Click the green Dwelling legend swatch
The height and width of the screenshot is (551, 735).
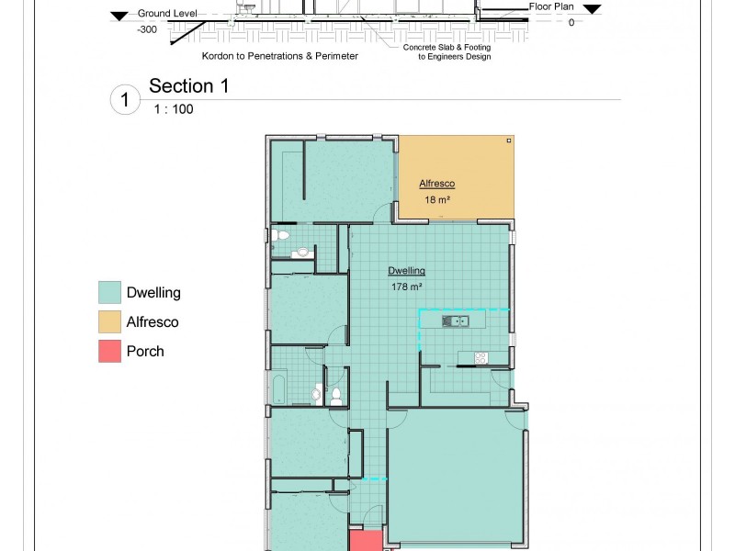point(109,293)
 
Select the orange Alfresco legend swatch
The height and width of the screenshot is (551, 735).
point(109,321)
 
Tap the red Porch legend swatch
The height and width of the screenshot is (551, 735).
point(109,351)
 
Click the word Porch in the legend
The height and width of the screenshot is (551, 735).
point(145,351)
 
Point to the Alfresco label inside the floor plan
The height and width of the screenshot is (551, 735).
point(437,184)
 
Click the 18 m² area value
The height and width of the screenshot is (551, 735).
point(435,199)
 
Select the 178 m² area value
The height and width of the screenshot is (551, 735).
point(405,287)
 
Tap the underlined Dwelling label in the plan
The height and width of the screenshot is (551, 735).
point(406,271)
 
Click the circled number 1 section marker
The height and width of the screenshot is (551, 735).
point(125,99)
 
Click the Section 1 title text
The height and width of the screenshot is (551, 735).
point(188,86)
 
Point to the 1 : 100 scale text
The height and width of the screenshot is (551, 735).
point(173,108)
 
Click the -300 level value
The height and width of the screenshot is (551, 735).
point(146,29)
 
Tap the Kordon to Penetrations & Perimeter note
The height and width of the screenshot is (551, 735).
point(280,55)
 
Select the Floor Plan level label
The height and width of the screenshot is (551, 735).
point(551,6)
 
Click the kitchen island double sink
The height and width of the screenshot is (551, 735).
point(455,320)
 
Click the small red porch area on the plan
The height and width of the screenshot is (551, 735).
point(365,540)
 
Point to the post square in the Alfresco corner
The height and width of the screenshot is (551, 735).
point(508,141)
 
